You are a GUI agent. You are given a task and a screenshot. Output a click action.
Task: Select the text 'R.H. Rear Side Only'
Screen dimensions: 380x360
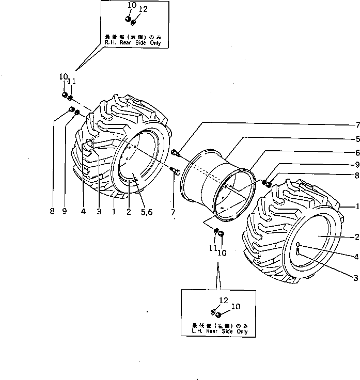pyautogui.click(x=133, y=43)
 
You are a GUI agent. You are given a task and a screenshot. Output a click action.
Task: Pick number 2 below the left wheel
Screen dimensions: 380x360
pyautogui.click(x=127, y=212)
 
